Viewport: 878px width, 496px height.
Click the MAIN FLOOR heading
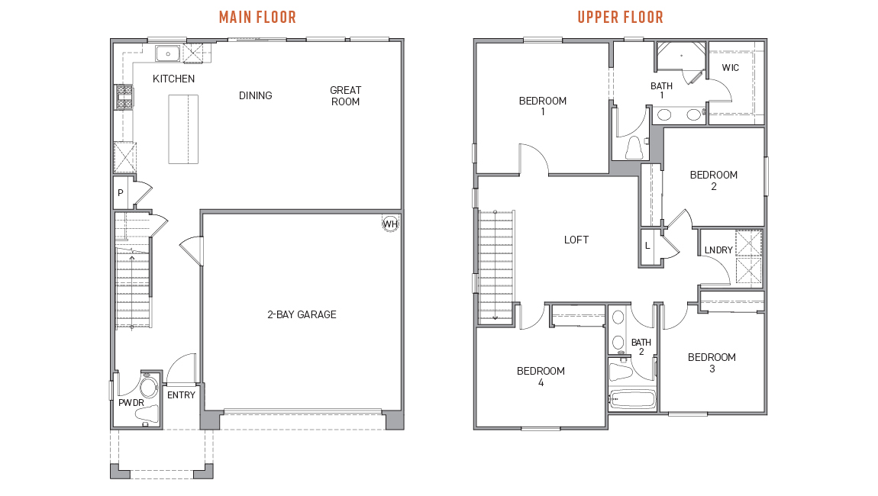257,18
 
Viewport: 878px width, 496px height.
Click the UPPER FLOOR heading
621,18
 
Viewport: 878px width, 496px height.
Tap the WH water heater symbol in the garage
390,224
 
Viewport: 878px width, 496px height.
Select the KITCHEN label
173,79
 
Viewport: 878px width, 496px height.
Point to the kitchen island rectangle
184,129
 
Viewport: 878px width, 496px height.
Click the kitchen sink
167,53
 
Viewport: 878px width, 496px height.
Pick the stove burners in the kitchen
124,97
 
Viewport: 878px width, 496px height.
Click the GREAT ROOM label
346,95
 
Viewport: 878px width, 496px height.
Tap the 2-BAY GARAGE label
302,314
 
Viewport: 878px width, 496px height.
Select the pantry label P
121,193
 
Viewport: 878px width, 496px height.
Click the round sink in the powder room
149,387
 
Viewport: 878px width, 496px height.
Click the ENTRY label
182,395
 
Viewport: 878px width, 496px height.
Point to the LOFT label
576,240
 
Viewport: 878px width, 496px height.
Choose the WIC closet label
730,68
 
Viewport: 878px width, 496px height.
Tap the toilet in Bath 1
634,148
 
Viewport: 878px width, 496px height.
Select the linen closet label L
648,246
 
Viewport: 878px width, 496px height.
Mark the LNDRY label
718,250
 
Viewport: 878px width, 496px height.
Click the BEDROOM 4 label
541,377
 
